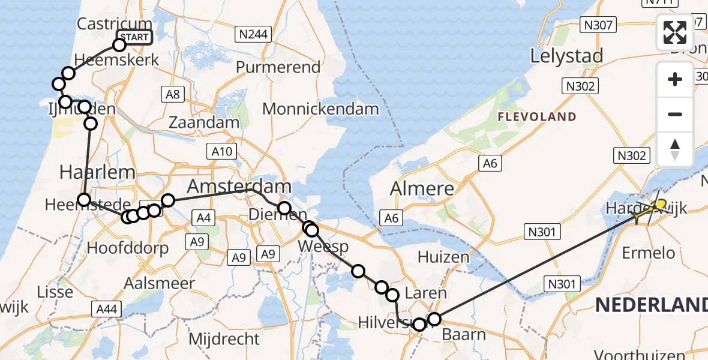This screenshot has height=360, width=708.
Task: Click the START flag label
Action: tap(134, 37)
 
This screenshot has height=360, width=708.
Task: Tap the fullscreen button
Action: tap(675, 32)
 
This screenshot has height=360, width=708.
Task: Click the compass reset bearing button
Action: tap(675, 149)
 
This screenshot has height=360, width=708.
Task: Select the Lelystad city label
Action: tap(566, 56)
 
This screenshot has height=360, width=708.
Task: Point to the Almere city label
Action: tap(422, 188)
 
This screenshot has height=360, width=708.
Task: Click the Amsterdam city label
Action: tap(239, 185)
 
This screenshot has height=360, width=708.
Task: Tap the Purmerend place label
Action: tap(278, 67)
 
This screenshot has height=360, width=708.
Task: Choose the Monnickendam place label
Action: tap(320, 109)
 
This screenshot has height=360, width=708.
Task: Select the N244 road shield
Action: tap(253, 34)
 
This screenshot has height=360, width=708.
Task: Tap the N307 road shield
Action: tap(598, 25)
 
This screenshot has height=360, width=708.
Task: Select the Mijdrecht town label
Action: tap(224, 339)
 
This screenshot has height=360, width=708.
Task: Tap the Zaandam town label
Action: tap(205, 122)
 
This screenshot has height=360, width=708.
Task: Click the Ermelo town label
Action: tap(649, 253)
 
